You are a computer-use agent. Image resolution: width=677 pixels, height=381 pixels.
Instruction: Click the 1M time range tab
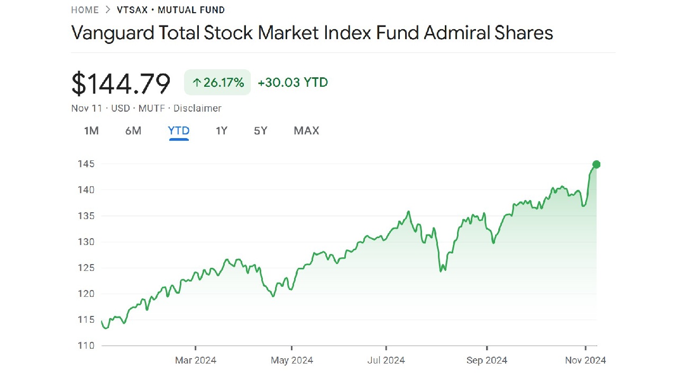(92, 131)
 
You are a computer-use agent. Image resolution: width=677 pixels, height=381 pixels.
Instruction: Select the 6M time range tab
(133, 131)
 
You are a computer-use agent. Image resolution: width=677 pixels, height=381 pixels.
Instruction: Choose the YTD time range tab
(179, 131)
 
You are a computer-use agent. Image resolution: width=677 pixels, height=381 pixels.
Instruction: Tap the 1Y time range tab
(222, 131)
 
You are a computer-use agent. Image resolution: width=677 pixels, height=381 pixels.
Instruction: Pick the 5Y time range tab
(261, 131)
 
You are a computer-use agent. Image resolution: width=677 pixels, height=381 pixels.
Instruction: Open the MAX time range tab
(306, 131)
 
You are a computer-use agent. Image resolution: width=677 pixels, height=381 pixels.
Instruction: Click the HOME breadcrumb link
(85, 10)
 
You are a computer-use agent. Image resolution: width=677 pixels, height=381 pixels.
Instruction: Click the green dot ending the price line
(597, 165)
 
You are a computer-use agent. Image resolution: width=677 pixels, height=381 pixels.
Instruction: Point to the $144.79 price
(121, 84)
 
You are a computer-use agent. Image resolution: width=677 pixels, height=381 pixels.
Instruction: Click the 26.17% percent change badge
(217, 83)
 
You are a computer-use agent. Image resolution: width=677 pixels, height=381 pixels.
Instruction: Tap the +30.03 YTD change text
(293, 83)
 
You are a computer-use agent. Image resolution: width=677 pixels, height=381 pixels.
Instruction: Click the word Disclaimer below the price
(197, 108)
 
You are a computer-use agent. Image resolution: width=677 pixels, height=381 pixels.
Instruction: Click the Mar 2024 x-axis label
(196, 360)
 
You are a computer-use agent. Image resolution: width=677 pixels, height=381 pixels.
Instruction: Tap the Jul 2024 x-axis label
(386, 360)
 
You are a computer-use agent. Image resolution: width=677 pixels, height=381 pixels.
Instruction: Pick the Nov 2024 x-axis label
(585, 360)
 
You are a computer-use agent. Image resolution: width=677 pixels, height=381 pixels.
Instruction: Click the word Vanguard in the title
(109, 33)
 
